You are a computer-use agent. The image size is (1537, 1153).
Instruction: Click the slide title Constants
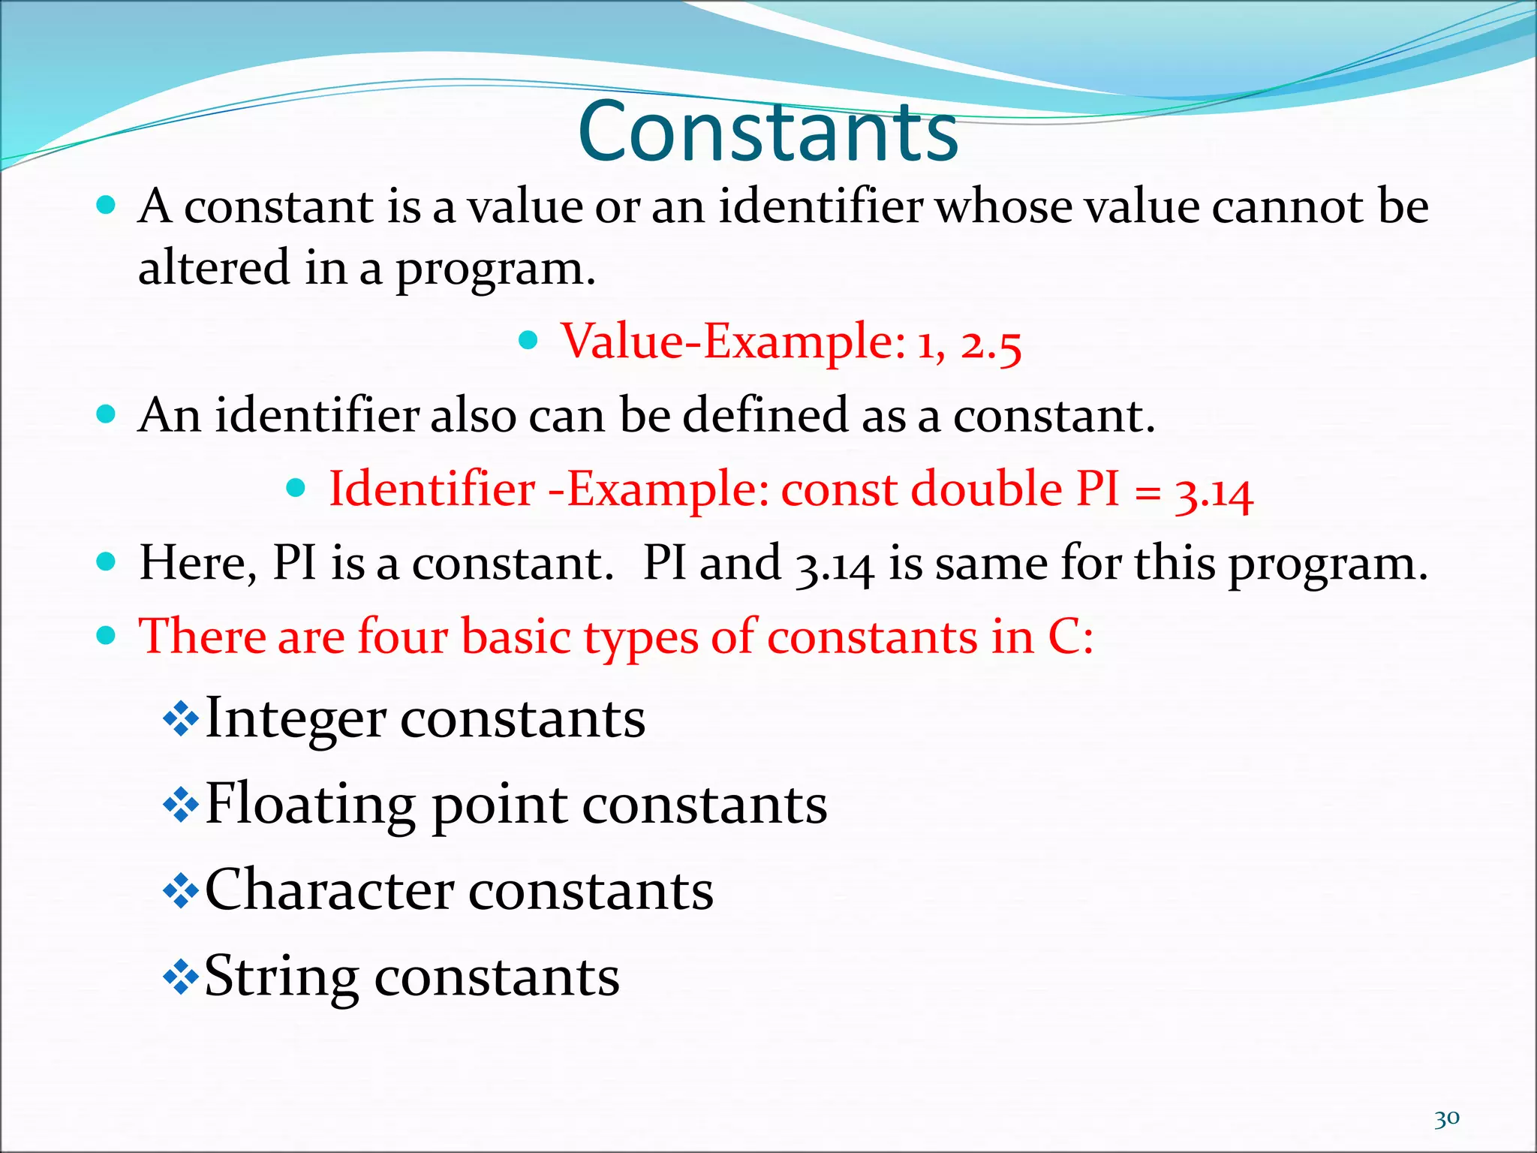click(768, 131)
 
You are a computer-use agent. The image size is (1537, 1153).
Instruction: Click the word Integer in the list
click(295, 719)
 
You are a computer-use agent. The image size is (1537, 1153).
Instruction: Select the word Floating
click(309, 805)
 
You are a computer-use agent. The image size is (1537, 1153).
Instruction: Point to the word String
click(281, 977)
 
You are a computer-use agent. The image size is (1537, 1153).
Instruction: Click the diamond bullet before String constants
click(181, 977)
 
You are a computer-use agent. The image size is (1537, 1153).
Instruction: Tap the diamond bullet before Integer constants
click(181, 719)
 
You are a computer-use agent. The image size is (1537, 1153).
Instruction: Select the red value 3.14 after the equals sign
click(1214, 492)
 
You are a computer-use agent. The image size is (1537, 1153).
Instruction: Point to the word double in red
click(987, 489)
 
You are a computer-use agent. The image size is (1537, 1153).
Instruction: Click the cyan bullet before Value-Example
click(529, 341)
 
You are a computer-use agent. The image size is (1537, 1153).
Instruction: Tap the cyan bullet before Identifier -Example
click(296, 489)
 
